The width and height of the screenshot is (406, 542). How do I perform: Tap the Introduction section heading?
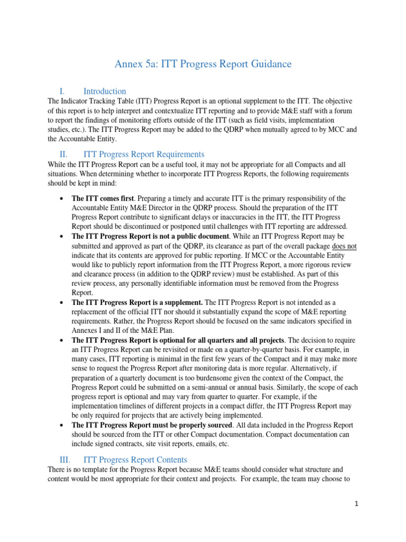105,91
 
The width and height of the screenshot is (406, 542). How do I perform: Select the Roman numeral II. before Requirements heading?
66,155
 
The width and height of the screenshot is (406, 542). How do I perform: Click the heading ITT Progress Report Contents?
135,459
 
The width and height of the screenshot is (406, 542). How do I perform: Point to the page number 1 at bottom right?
357,504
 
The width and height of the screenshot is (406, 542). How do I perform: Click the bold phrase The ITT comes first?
102,198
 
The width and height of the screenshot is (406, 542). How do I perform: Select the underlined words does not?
344,246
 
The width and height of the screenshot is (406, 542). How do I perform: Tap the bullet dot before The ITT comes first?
62,198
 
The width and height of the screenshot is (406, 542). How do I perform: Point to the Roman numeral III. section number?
67,459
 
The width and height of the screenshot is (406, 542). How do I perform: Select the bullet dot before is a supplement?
62,302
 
